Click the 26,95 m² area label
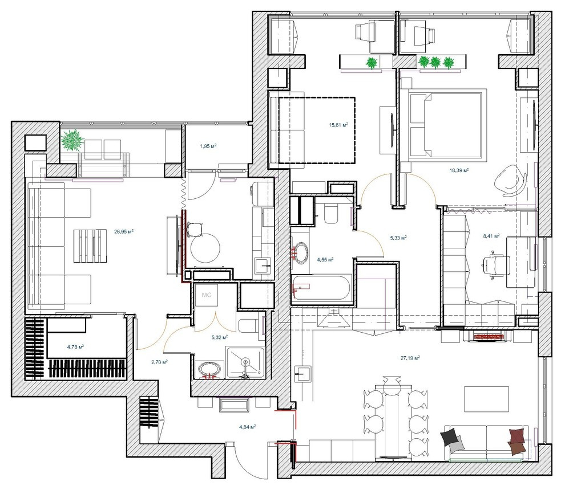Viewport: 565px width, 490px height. [x=124, y=232]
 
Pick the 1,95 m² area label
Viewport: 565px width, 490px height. [x=207, y=146]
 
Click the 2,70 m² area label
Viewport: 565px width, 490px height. [x=159, y=361]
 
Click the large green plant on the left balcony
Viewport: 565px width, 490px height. [x=72, y=140]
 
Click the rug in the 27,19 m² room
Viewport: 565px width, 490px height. [x=486, y=399]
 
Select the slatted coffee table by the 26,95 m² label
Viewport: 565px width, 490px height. [x=90, y=245]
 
